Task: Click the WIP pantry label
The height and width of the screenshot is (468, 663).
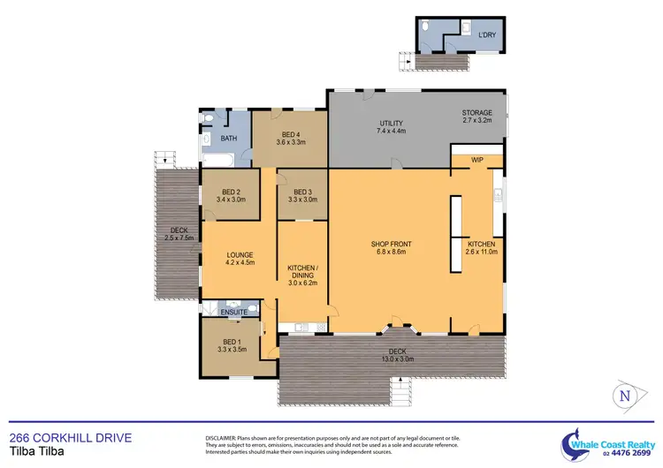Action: (x=477, y=160)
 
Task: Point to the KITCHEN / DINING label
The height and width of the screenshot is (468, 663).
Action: (x=302, y=270)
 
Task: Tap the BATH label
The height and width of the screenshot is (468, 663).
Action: (x=228, y=139)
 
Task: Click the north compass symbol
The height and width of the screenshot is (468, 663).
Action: (x=625, y=396)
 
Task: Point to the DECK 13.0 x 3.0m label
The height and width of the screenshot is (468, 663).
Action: (x=391, y=355)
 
